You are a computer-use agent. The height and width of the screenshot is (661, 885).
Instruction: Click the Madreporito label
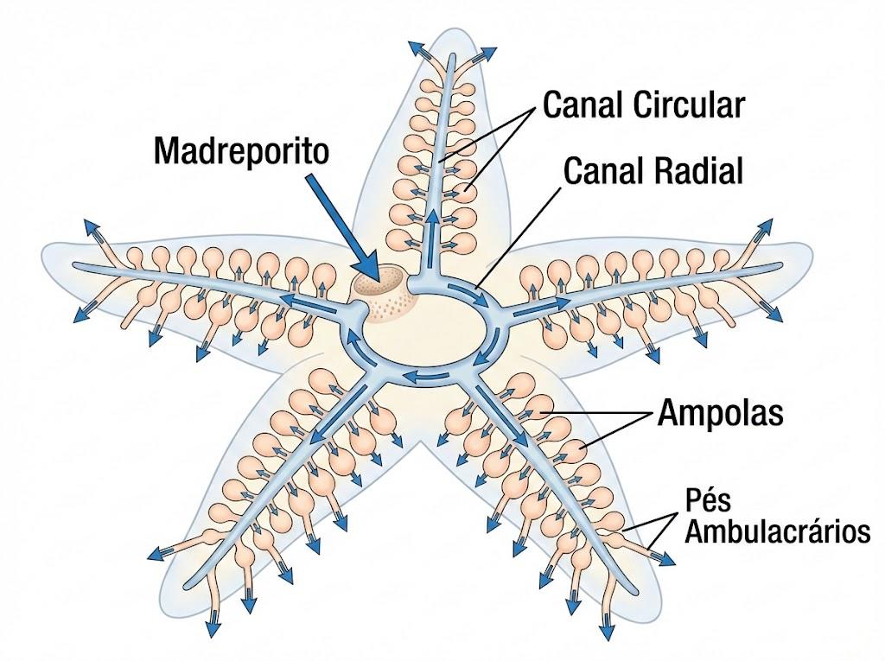241,151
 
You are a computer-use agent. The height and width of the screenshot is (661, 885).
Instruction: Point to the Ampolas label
721,413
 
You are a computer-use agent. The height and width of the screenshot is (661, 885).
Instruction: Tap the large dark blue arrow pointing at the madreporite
341,226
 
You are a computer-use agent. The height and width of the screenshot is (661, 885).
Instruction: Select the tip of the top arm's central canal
452,56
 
